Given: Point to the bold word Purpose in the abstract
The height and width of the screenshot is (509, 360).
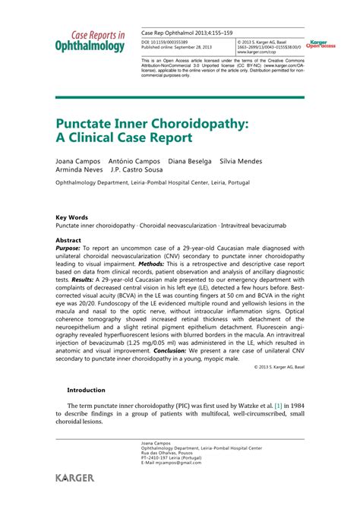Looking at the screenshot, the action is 68,248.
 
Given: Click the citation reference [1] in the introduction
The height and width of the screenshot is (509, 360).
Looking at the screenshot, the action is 279,406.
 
